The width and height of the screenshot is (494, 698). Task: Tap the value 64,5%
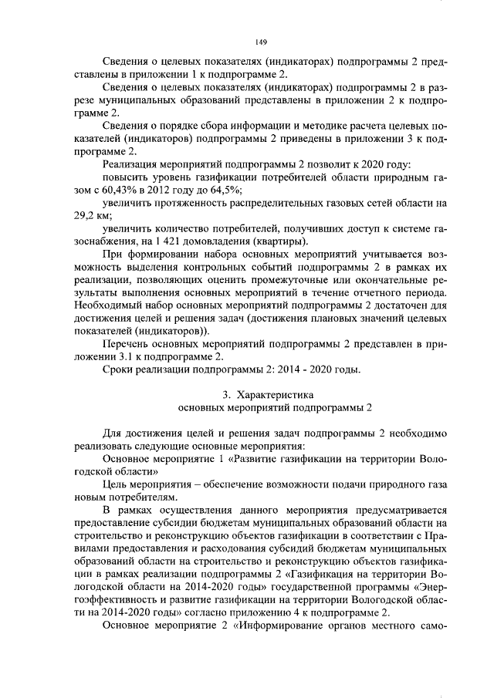[225, 190]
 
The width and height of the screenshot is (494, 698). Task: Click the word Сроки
[118, 369]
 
